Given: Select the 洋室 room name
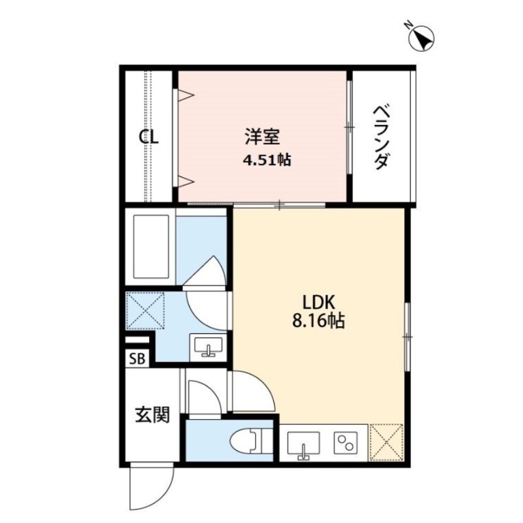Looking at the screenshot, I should pos(263,137).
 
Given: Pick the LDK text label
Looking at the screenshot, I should pos(319,303).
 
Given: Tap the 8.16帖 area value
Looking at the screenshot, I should pos(319,322).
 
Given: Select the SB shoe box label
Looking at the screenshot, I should pos(137,358).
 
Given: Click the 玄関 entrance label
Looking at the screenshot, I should pos(152,414).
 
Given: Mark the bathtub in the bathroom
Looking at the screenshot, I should pos(152,247).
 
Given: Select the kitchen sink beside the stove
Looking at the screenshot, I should pos(303,443).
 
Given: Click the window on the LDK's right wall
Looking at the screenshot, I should pos(407,337).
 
